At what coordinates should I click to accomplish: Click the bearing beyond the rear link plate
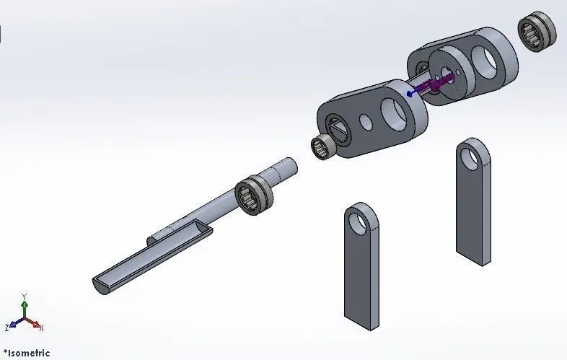point(537,31)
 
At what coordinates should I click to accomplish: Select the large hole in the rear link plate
point(484,61)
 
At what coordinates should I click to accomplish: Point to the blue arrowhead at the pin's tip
point(410,94)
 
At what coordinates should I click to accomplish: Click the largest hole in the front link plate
point(395,113)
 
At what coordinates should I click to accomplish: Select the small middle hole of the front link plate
point(366,122)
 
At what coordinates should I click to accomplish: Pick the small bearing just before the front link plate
point(324,146)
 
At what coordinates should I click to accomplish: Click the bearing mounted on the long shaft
point(254,195)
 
